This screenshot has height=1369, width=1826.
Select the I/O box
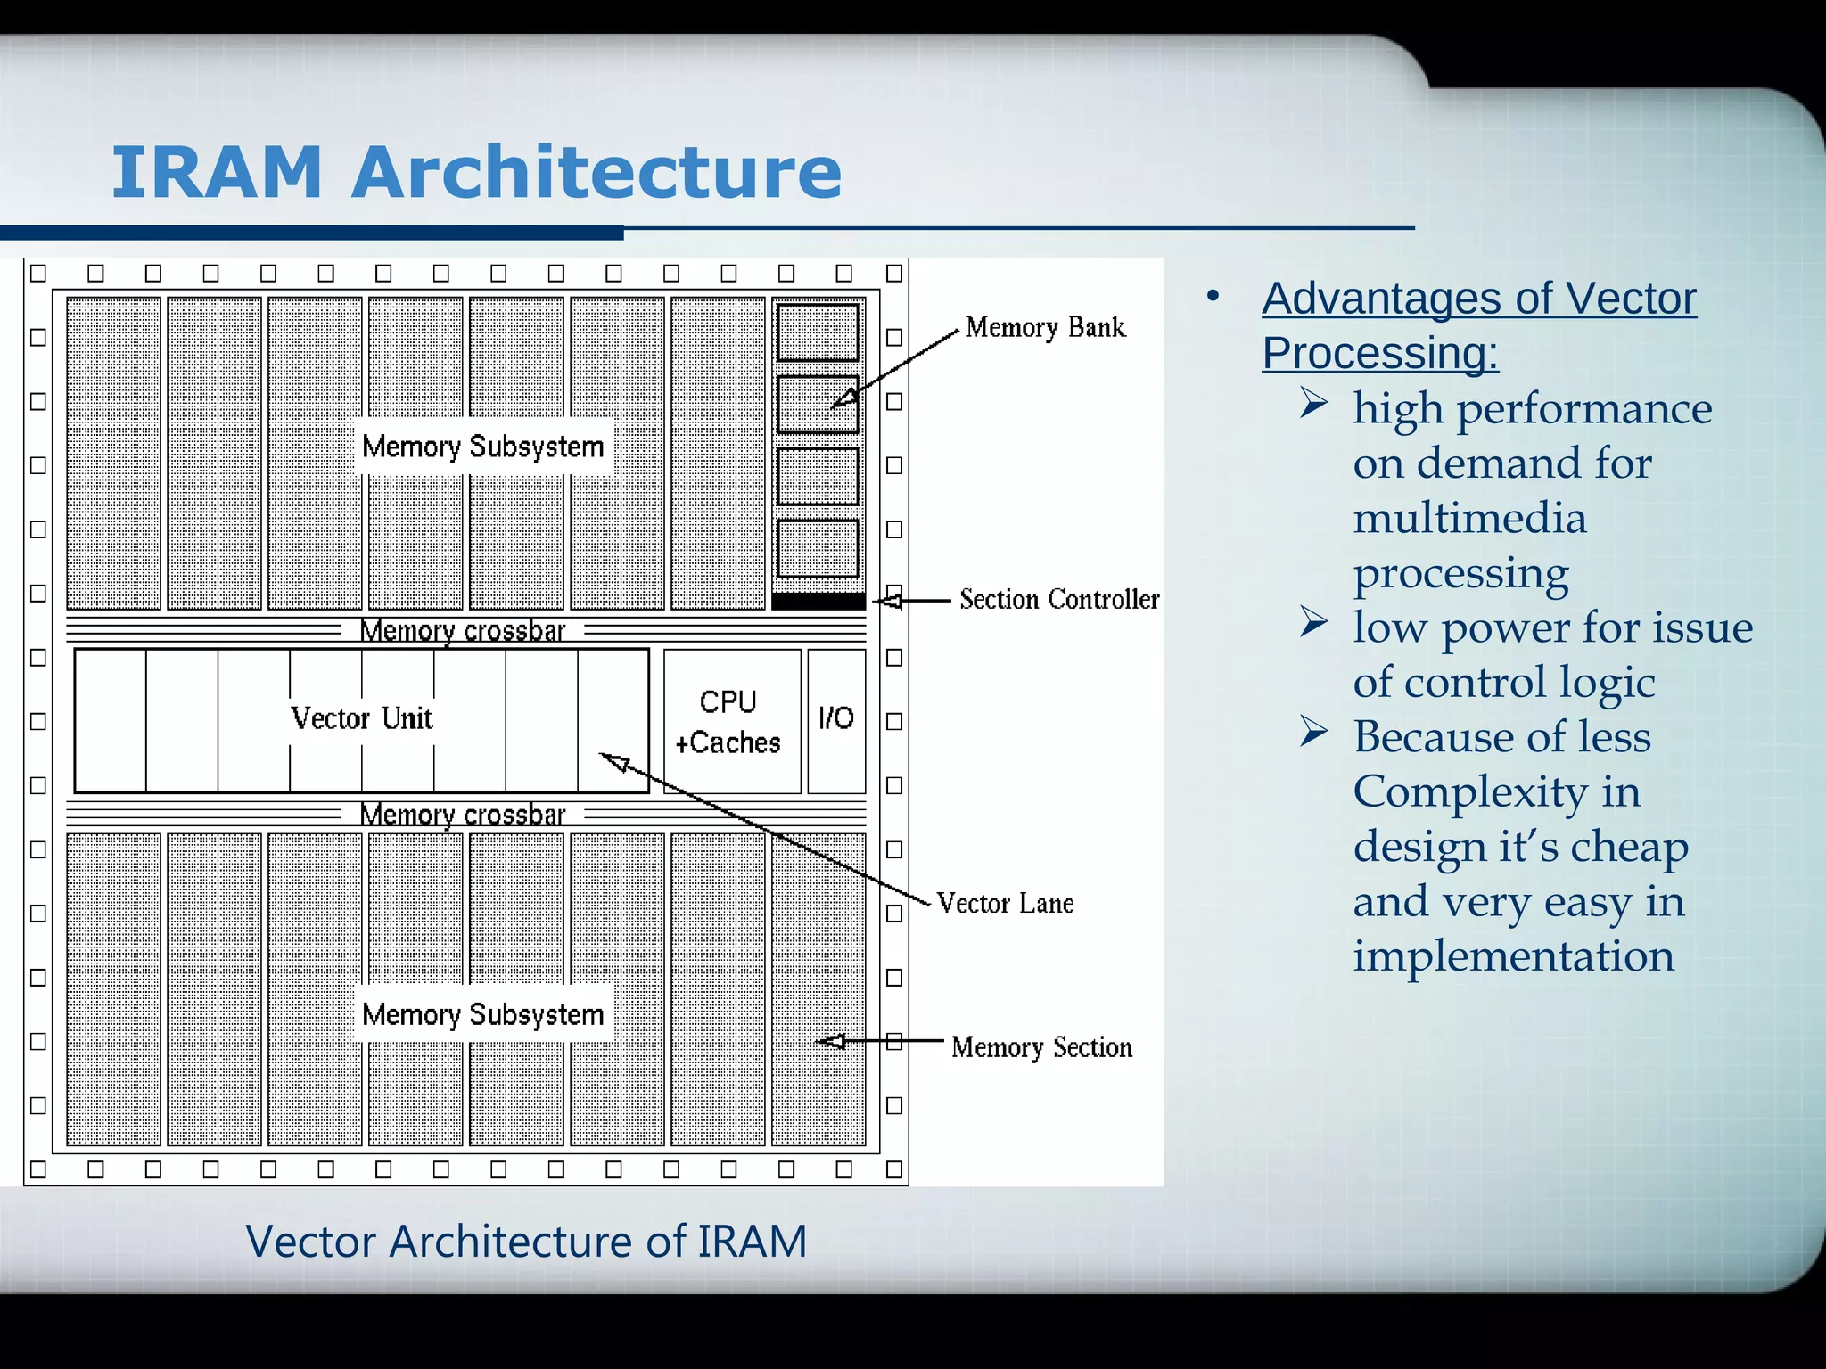coord(836,718)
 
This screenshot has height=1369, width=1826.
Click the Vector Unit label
coord(361,718)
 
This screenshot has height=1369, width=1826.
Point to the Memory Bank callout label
coord(1045,328)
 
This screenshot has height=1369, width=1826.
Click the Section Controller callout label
coord(1059,599)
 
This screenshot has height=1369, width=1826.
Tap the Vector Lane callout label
coord(1005,904)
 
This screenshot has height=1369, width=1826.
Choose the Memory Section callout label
coord(1041,1047)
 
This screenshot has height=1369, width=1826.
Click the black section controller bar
coord(818,602)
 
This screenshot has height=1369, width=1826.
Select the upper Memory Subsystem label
coord(482,447)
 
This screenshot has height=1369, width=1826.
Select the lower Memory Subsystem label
coord(482,1014)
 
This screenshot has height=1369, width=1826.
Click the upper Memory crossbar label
coord(462,631)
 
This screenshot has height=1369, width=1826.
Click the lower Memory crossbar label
coord(462,815)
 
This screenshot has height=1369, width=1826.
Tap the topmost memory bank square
coord(818,332)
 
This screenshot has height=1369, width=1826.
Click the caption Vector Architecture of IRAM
coord(526,1242)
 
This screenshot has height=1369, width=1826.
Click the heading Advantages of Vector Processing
coord(1478,325)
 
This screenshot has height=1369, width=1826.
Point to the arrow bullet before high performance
coord(1313,404)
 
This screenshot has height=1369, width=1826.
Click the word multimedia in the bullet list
coord(1469,519)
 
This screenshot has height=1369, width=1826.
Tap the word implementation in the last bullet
coord(1513,956)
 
